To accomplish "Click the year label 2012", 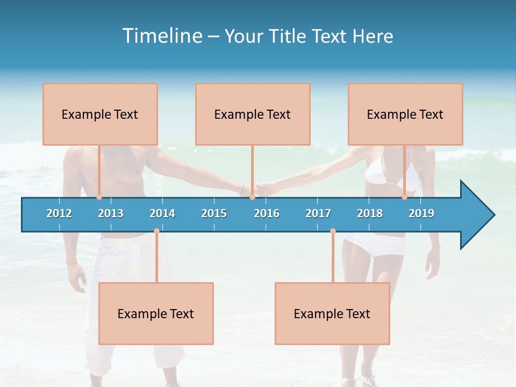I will pyautogui.click(x=59, y=213).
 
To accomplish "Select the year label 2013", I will pyautogui.click(x=111, y=213).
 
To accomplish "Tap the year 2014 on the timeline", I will pyautogui.click(x=162, y=213).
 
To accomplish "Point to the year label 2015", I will pyautogui.click(x=214, y=213).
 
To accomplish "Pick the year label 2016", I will pyautogui.click(x=267, y=213).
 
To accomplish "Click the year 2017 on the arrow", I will pyautogui.click(x=318, y=213).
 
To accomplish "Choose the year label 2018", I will pyautogui.click(x=370, y=213).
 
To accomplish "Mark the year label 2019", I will pyautogui.click(x=421, y=213).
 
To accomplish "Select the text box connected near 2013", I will pyautogui.click(x=100, y=114).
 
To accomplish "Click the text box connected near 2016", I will pyautogui.click(x=253, y=114).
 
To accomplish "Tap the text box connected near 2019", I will pyautogui.click(x=405, y=114).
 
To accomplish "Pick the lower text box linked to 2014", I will pyautogui.click(x=156, y=313).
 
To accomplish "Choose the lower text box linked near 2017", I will pyautogui.click(x=332, y=313).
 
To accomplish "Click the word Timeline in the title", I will pyautogui.click(x=161, y=35).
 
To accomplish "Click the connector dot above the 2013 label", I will pyautogui.click(x=99, y=197).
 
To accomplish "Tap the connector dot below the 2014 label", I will pyautogui.click(x=156, y=231).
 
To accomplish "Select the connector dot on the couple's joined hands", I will pyautogui.click(x=252, y=197).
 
